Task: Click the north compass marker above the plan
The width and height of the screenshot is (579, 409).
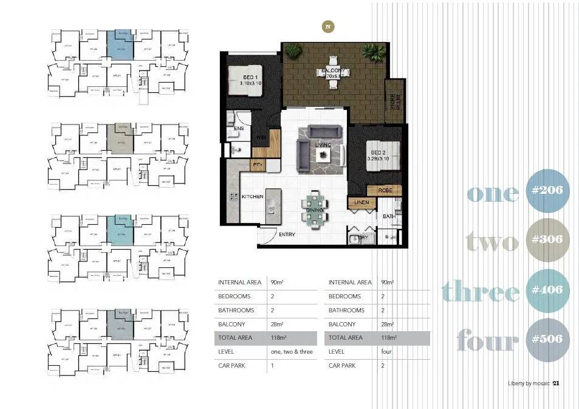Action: (x=328, y=26)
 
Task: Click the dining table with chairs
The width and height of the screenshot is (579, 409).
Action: (x=315, y=210)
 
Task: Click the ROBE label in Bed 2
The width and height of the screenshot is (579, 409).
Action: (x=385, y=190)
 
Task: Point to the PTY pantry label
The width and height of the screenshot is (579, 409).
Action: (x=258, y=165)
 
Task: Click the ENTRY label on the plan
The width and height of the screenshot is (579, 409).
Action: (x=287, y=234)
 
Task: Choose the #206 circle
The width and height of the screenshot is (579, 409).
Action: (x=547, y=190)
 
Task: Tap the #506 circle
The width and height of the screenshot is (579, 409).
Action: (x=547, y=339)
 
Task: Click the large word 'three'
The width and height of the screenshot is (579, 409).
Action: (x=480, y=290)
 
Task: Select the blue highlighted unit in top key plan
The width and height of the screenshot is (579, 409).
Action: (x=120, y=44)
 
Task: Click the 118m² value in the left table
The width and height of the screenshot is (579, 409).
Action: (x=279, y=338)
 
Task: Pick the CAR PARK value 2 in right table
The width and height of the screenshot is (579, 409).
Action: (x=383, y=366)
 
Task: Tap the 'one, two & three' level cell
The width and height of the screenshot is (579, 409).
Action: (x=292, y=352)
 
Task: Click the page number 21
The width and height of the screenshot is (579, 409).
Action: (x=556, y=383)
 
